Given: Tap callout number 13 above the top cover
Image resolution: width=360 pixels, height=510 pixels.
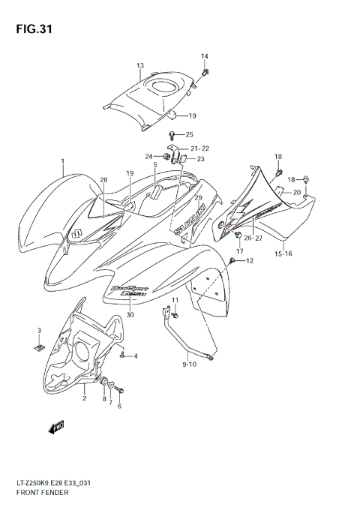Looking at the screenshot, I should click(x=140, y=66).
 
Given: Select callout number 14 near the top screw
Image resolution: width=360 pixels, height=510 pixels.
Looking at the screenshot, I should click(x=205, y=57).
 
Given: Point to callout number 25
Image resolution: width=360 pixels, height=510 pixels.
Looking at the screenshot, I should click(x=190, y=134).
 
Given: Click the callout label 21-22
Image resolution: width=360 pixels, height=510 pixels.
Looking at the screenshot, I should click(x=199, y=148).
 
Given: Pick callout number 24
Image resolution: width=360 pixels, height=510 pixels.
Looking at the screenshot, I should click(x=148, y=156).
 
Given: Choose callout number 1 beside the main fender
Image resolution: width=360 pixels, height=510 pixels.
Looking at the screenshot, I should click(x=63, y=161).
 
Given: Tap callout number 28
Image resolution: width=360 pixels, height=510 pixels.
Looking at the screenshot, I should click(x=104, y=180).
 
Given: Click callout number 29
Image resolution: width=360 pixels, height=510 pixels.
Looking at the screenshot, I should click(x=199, y=198).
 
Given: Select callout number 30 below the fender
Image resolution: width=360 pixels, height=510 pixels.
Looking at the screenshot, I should click(x=130, y=315).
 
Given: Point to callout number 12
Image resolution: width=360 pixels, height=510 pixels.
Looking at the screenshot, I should click(x=250, y=261).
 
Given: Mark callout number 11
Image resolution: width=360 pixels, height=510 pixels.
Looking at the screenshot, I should click(x=175, y=301).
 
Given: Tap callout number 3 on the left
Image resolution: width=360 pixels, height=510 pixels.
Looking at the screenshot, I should click(x=39, y=331).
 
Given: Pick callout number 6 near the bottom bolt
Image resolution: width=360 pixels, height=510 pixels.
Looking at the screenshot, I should click(x=118, y=406).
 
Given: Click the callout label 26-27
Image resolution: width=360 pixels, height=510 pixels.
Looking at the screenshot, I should click(x=253, y=238).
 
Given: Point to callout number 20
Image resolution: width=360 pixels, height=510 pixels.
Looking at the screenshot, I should click(x=296, y=193).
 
